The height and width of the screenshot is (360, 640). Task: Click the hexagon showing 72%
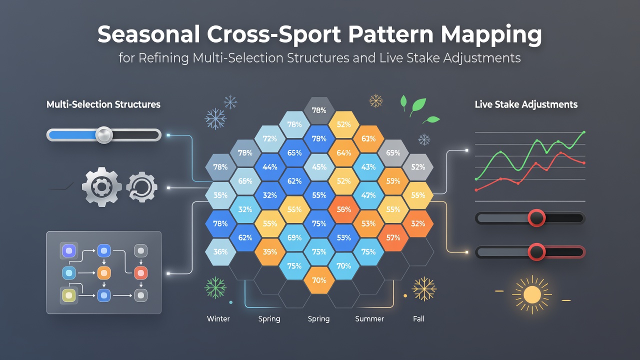click(x=269, y=138)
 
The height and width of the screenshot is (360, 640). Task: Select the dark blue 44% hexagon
click(x=269, y=167)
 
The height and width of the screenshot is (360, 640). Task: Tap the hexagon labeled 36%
click(x=220, y=251)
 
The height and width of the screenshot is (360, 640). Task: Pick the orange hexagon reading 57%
click(x=393, y=237)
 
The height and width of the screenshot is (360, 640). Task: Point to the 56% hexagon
click(x=343, y=209)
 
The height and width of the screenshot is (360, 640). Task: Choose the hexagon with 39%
click(x=269, y=251)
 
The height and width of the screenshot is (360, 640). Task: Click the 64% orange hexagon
click(x=343, y=153)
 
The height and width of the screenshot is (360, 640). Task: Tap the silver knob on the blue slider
click(x=104, y=135)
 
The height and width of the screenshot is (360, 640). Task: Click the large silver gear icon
click(x=101, y=187)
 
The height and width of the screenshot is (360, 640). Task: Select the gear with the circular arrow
click(x=141, y=187)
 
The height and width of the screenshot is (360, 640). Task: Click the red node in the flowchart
click(x=141, y=273)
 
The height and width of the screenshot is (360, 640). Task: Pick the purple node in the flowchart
click(x=69, y=251)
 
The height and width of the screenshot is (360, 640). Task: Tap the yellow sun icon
click(x=532, y=295)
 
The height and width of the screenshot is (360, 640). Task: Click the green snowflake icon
click(x=215, y=287)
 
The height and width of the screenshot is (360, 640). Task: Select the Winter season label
click(x=218, y=318)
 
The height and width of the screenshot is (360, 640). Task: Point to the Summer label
click(x=369, y=318)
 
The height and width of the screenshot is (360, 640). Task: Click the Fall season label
click(x=418, y=318)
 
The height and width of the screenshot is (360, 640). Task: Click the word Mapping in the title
click(x=491, y=35)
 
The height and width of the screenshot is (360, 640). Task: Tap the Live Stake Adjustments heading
click(x=526, y=104)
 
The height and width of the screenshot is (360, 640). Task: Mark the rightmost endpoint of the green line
click(x=583, y=132)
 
